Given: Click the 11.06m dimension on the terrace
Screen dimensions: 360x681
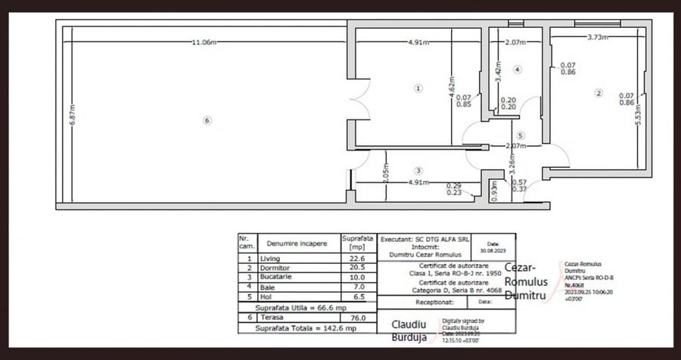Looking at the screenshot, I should pos(204,42).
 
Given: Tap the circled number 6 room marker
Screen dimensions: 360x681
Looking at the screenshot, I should pos(207,119).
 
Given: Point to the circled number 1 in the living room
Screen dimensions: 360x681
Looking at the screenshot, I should pos(418,88).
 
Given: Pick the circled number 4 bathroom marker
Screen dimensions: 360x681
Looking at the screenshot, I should pos(518,70).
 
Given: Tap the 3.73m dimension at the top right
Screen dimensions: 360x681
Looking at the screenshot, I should pos(599,37).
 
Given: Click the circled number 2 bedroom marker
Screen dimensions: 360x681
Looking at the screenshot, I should pos(599,94).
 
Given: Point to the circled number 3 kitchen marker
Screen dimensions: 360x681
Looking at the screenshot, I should pos(418,170).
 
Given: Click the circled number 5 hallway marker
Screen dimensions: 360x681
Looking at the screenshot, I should pos(521,135).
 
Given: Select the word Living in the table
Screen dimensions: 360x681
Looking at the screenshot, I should pos(269,258).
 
